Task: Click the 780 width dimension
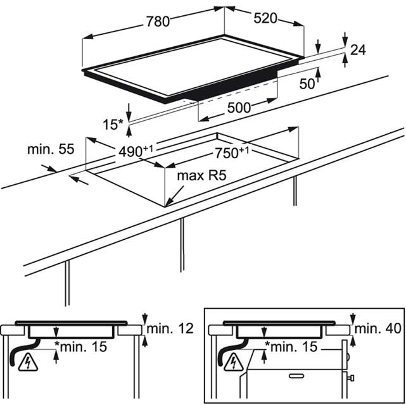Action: coord(158,22)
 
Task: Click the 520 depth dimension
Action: coord(265,18)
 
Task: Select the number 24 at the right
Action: coord(358,50)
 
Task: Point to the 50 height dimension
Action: coord(307,84)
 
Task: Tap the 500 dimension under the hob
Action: coord(239,108)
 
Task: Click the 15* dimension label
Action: coord(113,125)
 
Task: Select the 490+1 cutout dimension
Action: coord(136,151)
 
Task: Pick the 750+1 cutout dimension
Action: coord(232,153)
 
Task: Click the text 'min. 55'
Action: coord(51,149)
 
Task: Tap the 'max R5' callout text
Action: coord(201,175)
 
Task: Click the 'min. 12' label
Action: coord(170,328)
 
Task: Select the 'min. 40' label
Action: coord(377,328)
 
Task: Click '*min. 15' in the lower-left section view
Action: coord(80,346)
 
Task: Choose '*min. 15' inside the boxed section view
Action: coord(291,346)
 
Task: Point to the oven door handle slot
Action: coord(296,375)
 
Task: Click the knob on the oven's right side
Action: coord(351,378)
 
